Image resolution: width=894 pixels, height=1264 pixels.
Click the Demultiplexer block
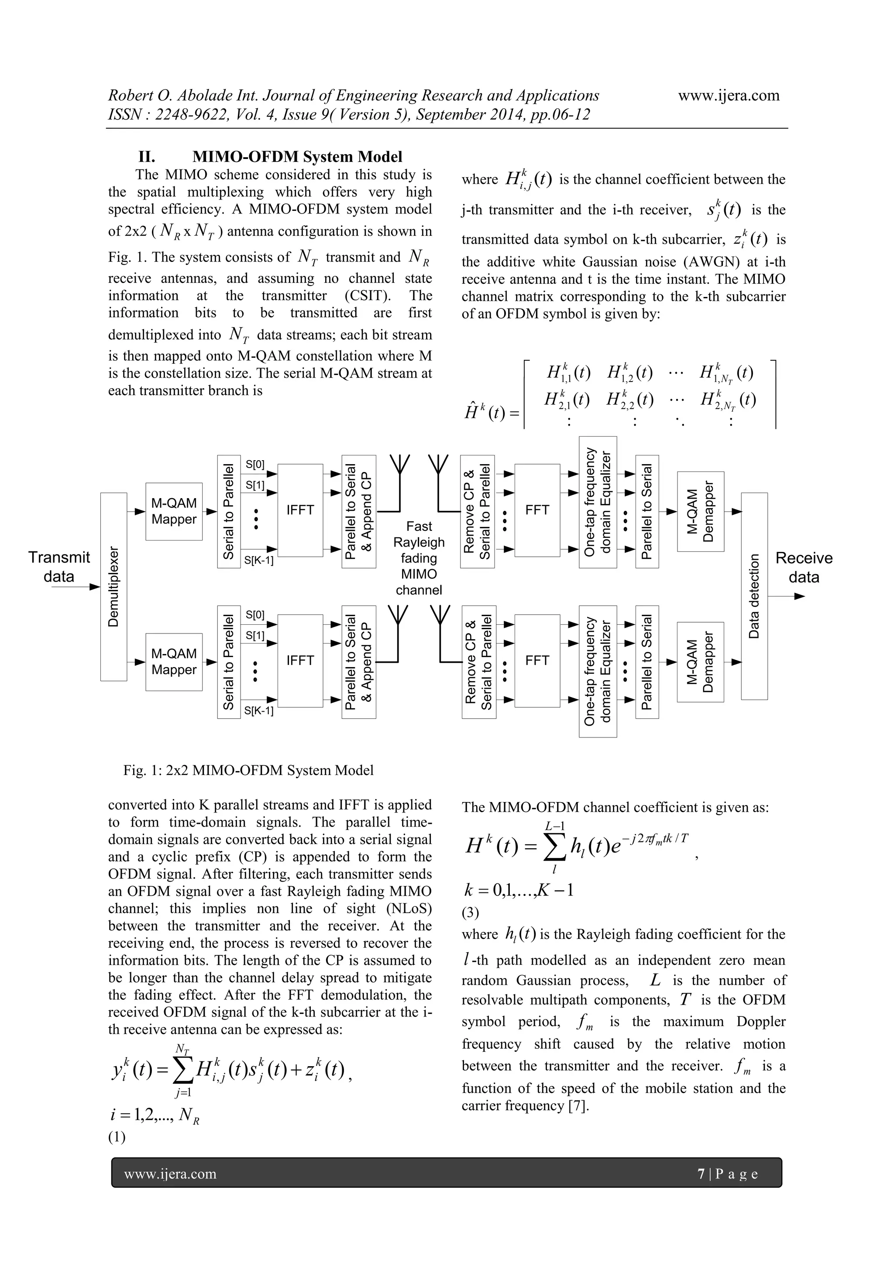[x=113, y=586]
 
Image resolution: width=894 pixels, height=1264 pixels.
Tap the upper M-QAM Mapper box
[x=174, y=511]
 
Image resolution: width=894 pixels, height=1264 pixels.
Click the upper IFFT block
[x=300, y=510]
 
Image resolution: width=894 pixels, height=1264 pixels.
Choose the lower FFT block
[x=537, y=660]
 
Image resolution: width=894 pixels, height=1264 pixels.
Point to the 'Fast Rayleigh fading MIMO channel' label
[x=419, y=558]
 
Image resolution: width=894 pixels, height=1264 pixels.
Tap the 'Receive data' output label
[x=804, y=568]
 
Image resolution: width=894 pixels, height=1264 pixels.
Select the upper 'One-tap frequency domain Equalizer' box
[x=598, y=502]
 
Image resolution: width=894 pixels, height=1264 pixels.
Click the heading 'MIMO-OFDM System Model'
[x=297, y=157]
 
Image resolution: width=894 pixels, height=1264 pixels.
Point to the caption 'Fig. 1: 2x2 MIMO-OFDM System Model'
[x=248, y=770]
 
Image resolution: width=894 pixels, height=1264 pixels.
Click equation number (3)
[x=471, y=913]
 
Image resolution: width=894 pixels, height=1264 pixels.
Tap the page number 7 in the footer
[x=701, y=1174]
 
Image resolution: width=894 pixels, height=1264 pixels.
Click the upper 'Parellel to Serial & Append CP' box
[x=359, y=511]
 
